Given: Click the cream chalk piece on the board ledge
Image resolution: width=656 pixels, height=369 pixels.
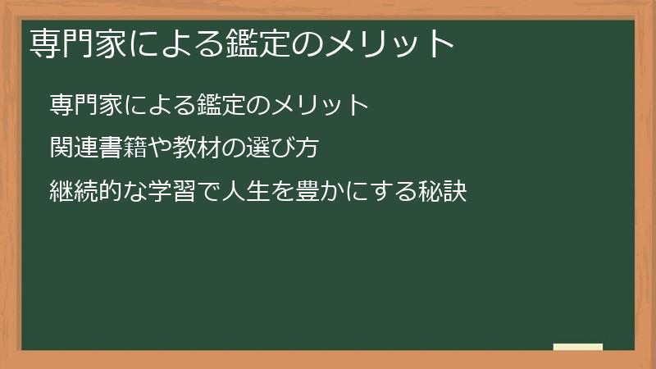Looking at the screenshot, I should (x=578, y=347).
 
